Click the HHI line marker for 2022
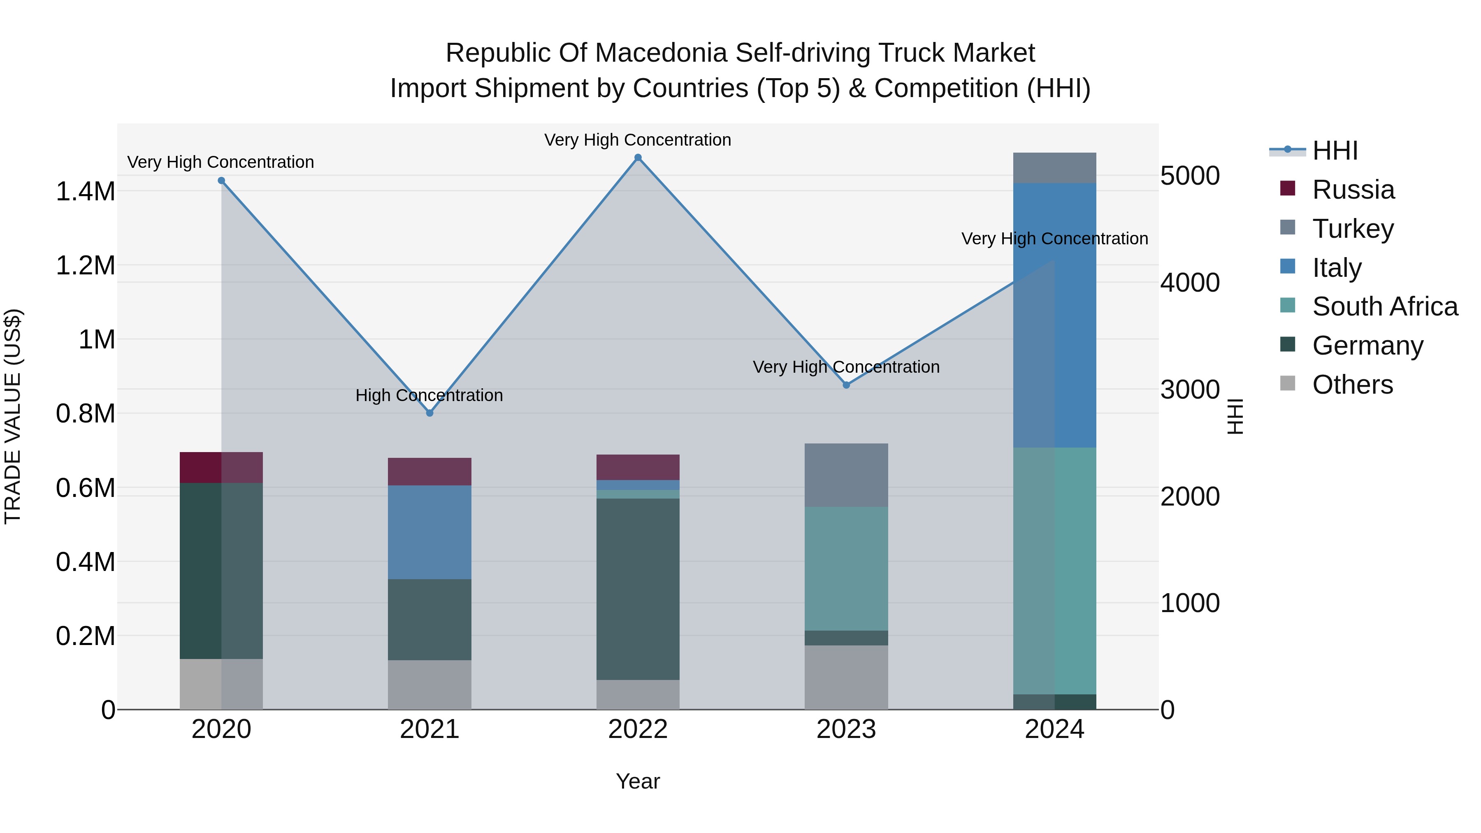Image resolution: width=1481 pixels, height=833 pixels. (638, 158)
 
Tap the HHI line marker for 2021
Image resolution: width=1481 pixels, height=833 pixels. (429, 413)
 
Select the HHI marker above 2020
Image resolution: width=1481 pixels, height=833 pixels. (221, 181)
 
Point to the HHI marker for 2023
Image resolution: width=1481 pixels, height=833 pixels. (846, 385)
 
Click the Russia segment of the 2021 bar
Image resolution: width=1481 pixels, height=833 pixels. (429, 471)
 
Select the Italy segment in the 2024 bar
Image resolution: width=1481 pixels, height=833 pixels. (1054, 315)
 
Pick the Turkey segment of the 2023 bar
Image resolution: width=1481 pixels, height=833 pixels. (846, 475)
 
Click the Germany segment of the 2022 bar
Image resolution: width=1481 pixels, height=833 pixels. (638, 589)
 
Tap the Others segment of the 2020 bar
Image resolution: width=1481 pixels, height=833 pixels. (221, 684)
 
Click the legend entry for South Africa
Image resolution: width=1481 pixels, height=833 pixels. (1384, 306)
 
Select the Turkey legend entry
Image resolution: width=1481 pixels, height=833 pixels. (1352, 229)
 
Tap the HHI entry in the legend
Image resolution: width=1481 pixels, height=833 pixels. (1334, 151)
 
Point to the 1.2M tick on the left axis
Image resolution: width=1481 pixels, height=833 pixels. (85, 266)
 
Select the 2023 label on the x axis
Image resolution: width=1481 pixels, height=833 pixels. (846, 729)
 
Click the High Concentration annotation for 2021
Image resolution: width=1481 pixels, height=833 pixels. (429, 395)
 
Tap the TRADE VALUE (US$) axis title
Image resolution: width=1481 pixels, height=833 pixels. (13, 416)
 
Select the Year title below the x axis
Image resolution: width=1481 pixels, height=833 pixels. (638, 781)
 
